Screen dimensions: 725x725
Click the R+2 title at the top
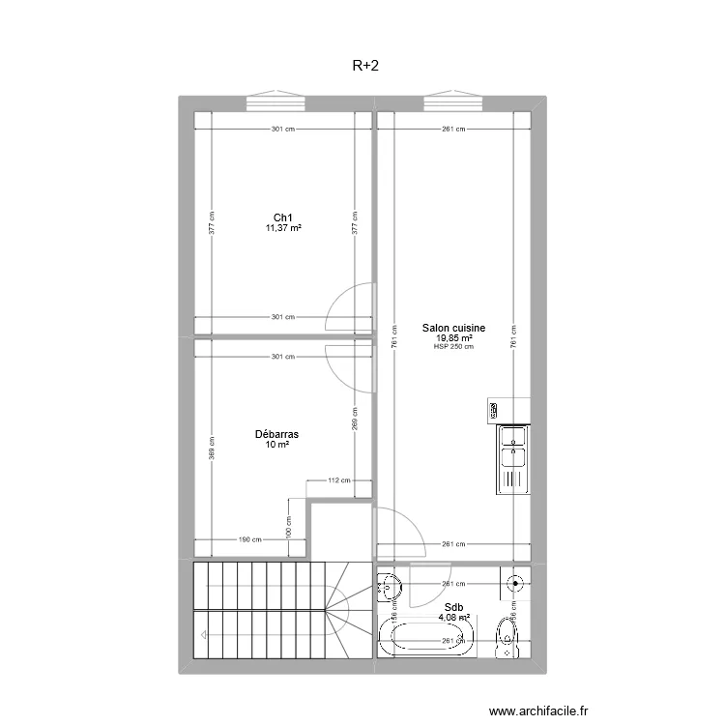pos(363,67)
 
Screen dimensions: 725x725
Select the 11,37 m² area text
pos(284,228)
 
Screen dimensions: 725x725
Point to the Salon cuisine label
pos(453,329)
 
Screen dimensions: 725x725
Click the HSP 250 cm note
pos(453,347)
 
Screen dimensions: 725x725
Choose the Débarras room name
pos(277,435)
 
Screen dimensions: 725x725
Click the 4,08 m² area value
pos(453,619)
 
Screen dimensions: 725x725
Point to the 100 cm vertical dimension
pos(288,528)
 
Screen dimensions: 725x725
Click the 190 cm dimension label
pos(251,540)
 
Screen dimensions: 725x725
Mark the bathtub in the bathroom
pos(426,640)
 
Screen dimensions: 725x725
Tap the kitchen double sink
pos(512,458)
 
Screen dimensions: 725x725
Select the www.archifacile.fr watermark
pos(538,710)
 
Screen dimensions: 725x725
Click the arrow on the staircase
pos(204,635)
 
